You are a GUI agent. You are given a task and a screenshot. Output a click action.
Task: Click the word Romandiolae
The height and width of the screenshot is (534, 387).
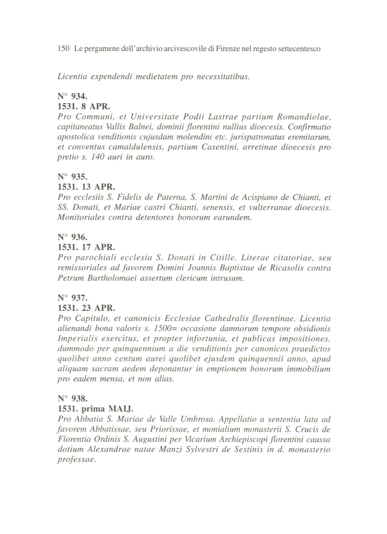pos(308,116)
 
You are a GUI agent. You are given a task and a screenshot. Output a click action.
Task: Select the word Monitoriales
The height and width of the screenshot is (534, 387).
pos(80,218)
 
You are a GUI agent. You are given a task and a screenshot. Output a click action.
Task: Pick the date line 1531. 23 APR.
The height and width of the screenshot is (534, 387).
pos(86,309)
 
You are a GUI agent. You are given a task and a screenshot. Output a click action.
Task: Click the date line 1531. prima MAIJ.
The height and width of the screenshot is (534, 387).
pos(95,409)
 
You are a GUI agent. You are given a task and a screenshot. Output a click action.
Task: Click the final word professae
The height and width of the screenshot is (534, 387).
pos(76,460)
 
